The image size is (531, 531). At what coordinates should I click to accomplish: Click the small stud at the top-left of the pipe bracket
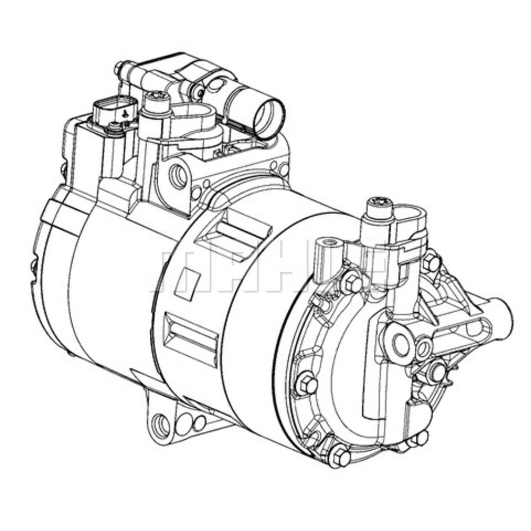point(119,68)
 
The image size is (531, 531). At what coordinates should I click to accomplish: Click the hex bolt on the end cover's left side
point(307,383)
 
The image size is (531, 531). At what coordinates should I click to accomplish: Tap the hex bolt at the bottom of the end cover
point(338,456)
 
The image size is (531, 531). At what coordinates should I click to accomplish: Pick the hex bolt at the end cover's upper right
point(431,262)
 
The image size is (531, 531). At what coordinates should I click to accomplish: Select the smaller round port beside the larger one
point(424,348)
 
